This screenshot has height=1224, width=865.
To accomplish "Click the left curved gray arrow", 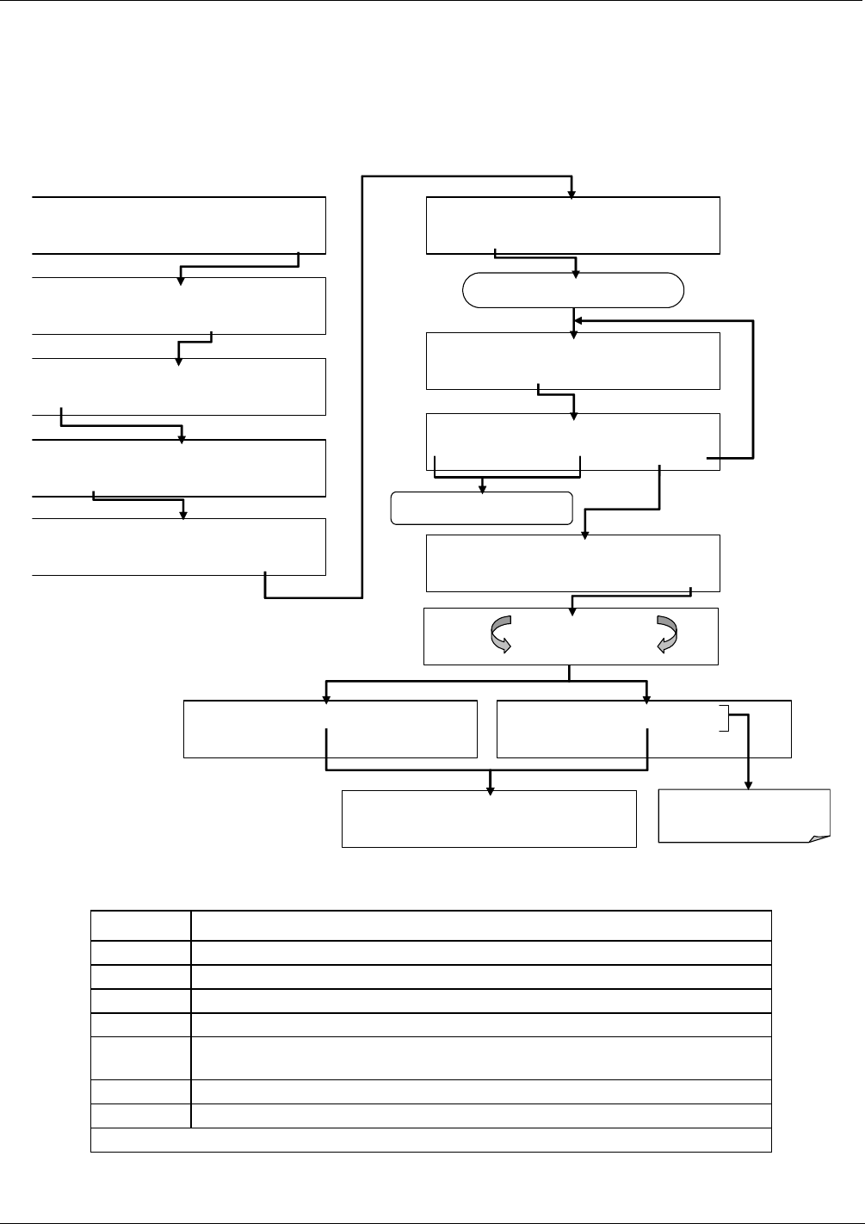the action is (500, 635).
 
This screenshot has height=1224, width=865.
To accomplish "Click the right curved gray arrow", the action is (667, 635).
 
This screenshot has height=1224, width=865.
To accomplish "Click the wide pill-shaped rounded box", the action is (573, 291).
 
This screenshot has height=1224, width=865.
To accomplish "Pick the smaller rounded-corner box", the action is (482, 508).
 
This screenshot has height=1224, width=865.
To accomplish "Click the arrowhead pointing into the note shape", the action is (747, 784).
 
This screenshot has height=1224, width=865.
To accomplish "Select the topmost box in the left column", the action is (179, 225).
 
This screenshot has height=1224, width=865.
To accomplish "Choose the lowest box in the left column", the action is (179, 547).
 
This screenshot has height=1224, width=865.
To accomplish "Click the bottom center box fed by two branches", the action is (489, 819).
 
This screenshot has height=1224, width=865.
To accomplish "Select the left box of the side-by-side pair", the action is (331, 729).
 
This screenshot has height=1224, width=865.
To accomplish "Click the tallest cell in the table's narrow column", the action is (141, 1058).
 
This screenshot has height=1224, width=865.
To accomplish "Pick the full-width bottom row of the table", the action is (430, 1140).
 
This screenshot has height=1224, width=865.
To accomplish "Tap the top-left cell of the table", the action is (141, 925).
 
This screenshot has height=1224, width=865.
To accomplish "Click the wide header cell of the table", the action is (480, 925).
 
